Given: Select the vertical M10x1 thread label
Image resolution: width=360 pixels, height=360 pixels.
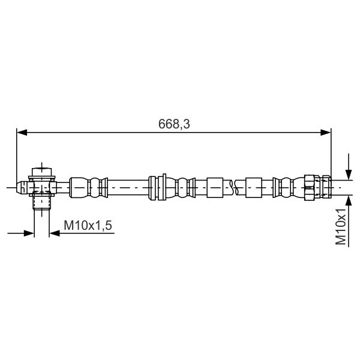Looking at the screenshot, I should click(x=341, y=226).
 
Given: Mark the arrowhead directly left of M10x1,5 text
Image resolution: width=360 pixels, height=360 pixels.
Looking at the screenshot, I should click(x=55, y=232).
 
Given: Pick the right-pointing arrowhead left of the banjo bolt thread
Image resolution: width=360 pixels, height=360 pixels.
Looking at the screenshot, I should click(x=28, y=232).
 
